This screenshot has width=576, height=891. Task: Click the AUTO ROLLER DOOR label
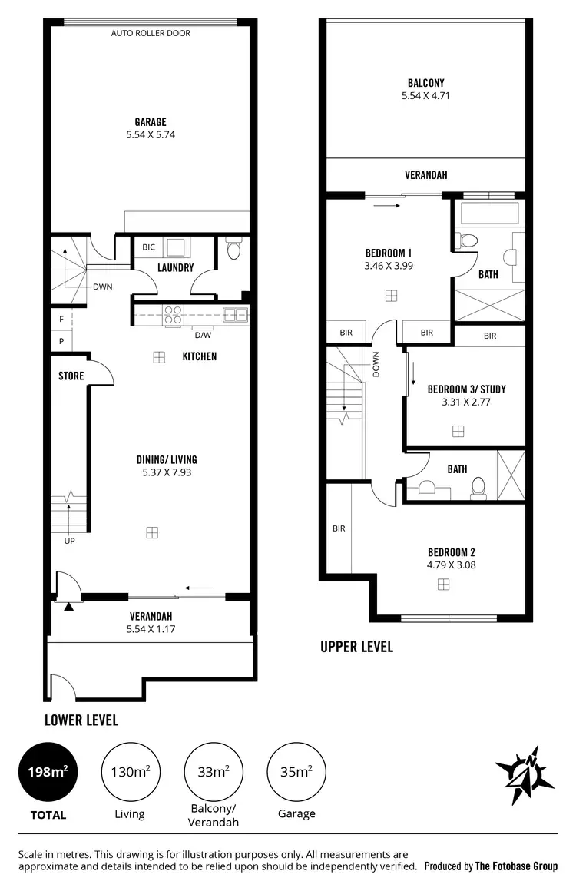click(x=151, y=33)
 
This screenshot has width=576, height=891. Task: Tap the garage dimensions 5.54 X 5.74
click(x=151, y=134)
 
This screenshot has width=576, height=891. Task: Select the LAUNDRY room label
click(x=175, y=268)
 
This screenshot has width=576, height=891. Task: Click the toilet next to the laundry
click(x=234, y=250)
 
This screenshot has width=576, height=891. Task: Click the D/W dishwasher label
click(x=203, y=335)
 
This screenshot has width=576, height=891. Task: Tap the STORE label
click(x=71, y=376)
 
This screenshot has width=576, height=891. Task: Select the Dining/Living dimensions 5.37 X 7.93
click(x=165, y=472)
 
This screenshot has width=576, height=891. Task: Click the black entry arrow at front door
click(x=70, y=607)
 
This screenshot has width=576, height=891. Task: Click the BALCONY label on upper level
click(x=425, y=83)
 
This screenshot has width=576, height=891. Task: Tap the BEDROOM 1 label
click(x=389, y=253)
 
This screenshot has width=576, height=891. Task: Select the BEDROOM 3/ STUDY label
click(x=466, y=389)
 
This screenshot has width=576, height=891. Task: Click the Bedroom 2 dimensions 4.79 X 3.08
click(x=447, y=565)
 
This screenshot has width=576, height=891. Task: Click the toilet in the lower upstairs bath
click(x=478, y=485)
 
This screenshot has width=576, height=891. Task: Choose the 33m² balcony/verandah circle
click(x=213, y=772)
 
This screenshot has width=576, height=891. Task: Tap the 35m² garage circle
click(x=296, y=772)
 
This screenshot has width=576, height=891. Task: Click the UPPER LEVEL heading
click(x=356, y=647)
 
